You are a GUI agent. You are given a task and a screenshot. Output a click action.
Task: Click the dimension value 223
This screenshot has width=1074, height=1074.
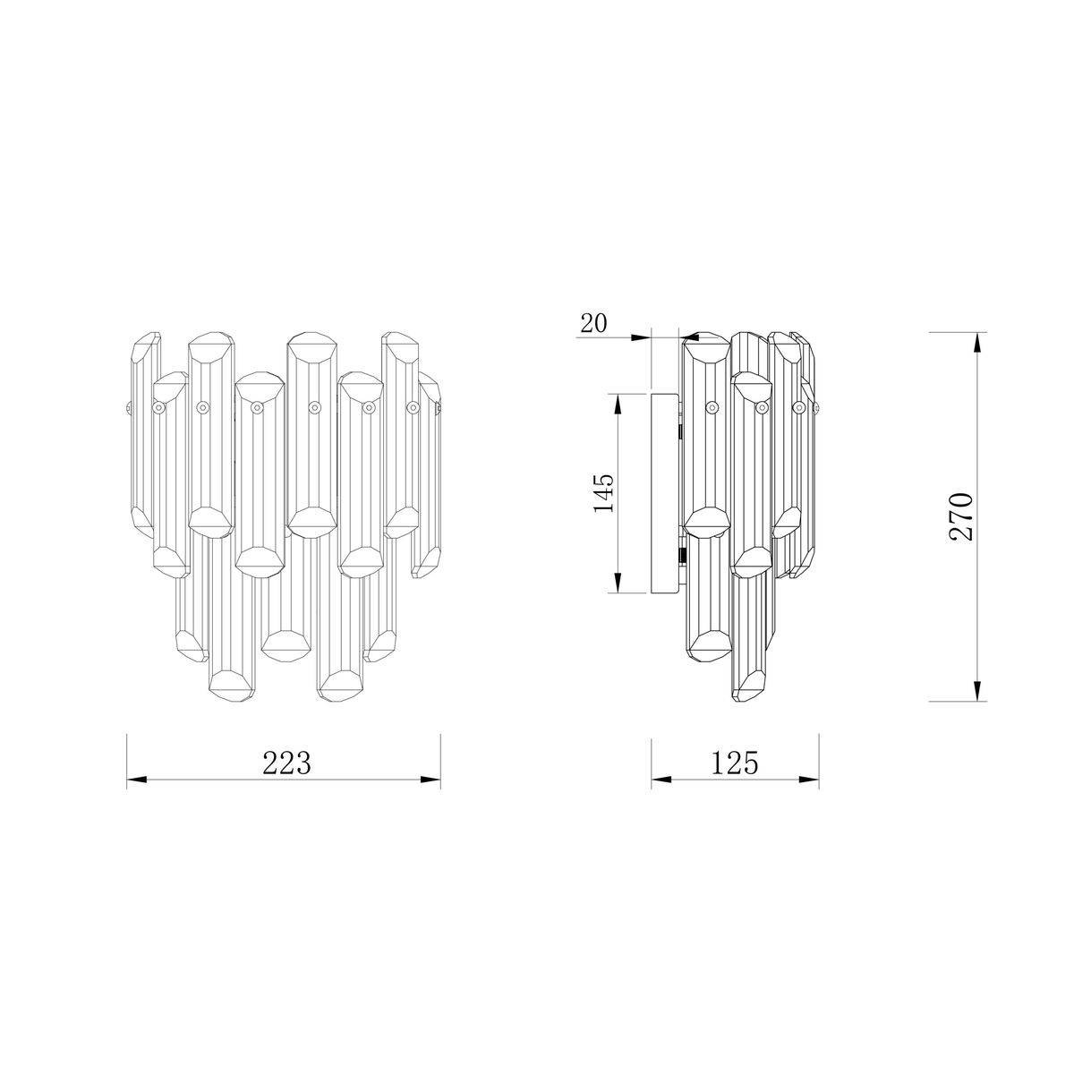tap(286, 763)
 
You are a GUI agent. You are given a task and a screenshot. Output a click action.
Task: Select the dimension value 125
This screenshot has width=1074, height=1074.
tap(735, 763)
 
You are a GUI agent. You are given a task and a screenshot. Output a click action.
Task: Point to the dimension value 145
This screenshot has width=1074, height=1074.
tap(603, 494)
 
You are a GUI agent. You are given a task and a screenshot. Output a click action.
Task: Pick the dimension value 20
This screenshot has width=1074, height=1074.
tap(593, 323)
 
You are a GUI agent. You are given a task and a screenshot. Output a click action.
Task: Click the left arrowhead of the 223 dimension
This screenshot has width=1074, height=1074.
tap(137, 780)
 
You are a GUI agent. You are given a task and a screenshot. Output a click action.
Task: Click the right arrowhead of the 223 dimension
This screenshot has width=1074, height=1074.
tap(430, 780)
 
